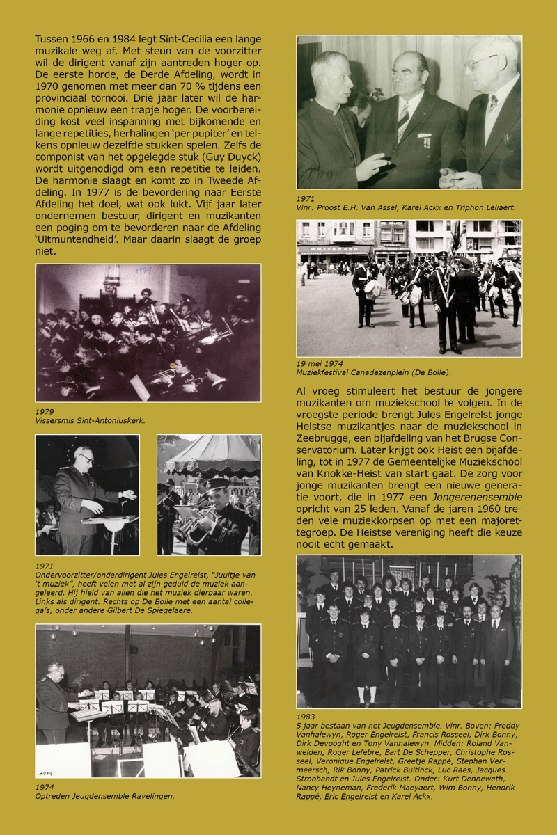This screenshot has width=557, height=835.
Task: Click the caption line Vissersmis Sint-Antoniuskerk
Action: click(90, 421)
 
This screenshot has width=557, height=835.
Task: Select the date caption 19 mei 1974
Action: click(320, 363)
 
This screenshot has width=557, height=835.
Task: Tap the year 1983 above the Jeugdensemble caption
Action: click(306, 716)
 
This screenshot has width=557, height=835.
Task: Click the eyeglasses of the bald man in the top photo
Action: click(480, 63)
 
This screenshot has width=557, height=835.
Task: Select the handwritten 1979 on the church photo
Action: click(143, 269)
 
